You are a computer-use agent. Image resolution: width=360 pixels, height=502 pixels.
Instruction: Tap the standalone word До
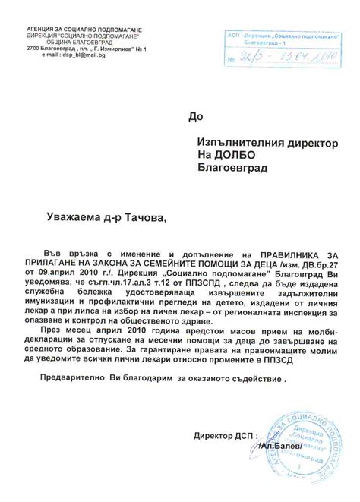coord(197,116)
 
